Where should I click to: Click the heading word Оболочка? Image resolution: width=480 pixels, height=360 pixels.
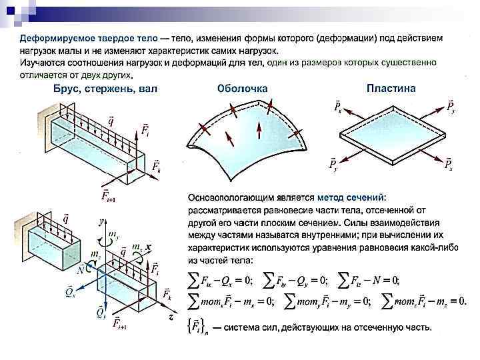[243, 88]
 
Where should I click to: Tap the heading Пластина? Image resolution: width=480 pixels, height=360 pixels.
[391, 88]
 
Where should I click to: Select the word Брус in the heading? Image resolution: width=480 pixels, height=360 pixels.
[68, 88]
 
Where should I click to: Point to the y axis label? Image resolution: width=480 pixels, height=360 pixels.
[101, 220]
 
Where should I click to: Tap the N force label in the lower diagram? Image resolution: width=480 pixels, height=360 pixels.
[81, 270]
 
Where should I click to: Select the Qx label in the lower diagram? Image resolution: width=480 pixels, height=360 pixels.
[69, 291]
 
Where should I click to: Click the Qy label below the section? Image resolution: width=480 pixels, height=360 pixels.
[100, 311]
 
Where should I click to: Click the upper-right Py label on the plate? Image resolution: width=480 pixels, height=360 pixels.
[451, 107]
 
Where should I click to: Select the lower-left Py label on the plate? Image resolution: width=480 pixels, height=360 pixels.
[332, 164]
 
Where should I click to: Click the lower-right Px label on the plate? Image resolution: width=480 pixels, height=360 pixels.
[449, 164]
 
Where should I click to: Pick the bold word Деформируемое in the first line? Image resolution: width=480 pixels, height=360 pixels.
[53, 39]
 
